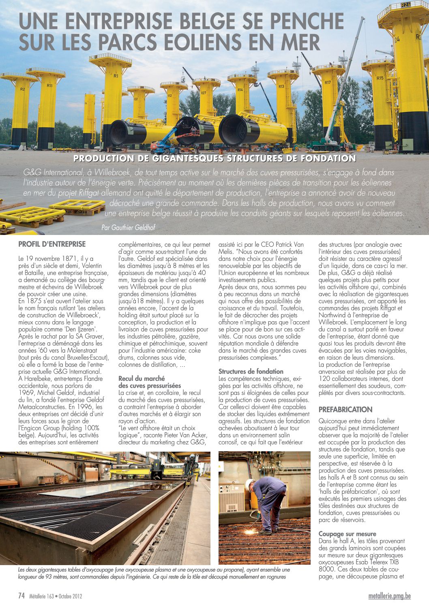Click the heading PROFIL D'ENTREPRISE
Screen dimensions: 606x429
pos(52,244)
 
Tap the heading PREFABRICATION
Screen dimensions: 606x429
pos(345,410)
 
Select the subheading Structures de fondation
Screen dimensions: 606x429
pos(251,371)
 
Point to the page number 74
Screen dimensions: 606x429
pos(22,596)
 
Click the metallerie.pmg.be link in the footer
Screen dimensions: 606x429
pos(389,596)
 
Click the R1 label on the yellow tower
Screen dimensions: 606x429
pos(116,76)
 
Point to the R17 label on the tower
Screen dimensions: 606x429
pos(328,83)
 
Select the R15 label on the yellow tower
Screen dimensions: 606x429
pos(380,78)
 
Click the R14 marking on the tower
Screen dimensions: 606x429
pos(240,90)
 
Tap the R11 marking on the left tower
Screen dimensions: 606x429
pos(49,86)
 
